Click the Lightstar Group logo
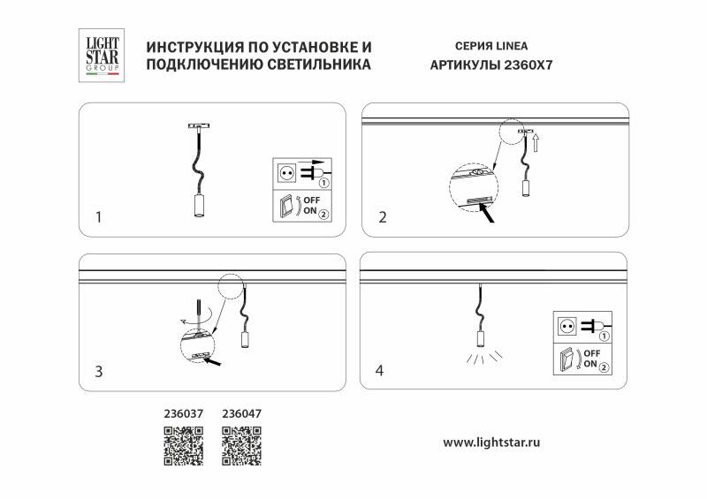(100, 54)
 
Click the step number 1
(99, 215)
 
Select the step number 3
(99, 372)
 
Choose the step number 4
(380, 371)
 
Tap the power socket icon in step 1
(286, 173)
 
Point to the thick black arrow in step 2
(485, 214)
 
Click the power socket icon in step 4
(566, 326)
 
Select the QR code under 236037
(184, 445)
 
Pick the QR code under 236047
(239, 445)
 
